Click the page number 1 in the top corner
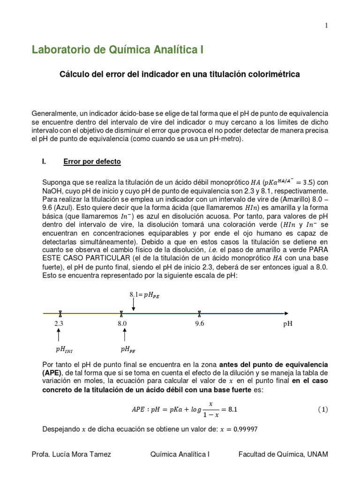(x=327, y=25)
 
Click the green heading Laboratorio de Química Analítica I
(x=118, y=50)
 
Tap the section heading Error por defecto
(x=92, y=162)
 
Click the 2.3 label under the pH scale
(x=59, y=323)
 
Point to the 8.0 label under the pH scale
(x=122, y=323)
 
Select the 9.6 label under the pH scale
(x=200, y=323)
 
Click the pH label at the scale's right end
(x=288, y=323)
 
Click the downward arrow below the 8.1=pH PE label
(x=134, y=305)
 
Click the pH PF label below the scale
(x=128, y=349)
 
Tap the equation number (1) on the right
(x=322, y=409)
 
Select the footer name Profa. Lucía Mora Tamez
(x=70, y=454)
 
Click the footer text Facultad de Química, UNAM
(x=283, y=454)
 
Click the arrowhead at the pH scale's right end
(x=285, y=313)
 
